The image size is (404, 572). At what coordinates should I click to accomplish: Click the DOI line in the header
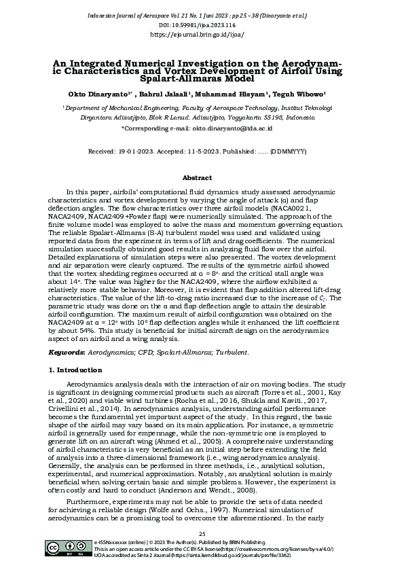pyautogui.click(x=202, y=23)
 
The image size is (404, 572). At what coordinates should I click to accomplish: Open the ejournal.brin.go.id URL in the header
pyautogui.click(x=202, y=32)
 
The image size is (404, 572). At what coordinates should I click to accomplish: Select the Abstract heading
pyautogui.click(x=202, y=178)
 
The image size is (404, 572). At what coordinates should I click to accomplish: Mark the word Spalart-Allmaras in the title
pyautogui.click(x=168, y=77)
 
